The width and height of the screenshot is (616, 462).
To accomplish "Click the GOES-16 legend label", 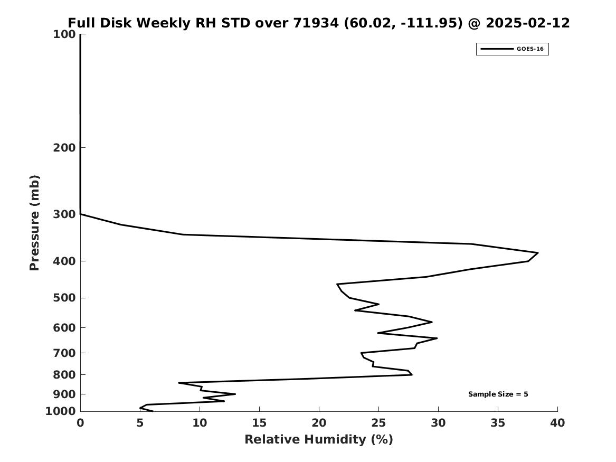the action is [x=530, y=49].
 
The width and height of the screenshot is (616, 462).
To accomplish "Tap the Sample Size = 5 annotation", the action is [x=498, y=394].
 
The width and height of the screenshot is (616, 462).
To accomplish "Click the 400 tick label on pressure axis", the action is [x=64, y=261].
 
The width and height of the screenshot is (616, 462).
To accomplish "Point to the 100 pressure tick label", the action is [x=64, y=34].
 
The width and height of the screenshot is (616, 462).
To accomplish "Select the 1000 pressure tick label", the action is [x=61, y=411].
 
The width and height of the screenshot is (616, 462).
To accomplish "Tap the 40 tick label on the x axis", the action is [x=557, y=423].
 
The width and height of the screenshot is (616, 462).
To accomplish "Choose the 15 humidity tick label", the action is [x=259, y=423].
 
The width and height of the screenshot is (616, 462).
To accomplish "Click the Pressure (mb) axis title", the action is [x=34, y=223].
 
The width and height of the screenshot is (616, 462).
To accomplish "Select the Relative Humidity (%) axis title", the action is [x=319, y=439].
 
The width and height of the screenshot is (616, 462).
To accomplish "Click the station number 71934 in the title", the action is [x=316, y=23].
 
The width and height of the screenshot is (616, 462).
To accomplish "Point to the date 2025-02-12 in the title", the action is [x=528, y=23].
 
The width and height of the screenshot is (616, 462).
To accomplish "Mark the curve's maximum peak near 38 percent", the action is [x=537, y=252].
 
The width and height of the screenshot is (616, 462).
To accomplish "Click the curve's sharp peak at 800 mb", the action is [x=412, y=374].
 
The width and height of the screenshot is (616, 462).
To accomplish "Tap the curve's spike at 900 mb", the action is [x=235, y=394].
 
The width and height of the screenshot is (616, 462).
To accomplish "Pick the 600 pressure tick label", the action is [x=64, y=327].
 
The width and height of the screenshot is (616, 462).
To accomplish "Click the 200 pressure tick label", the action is [x=64, y=147].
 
